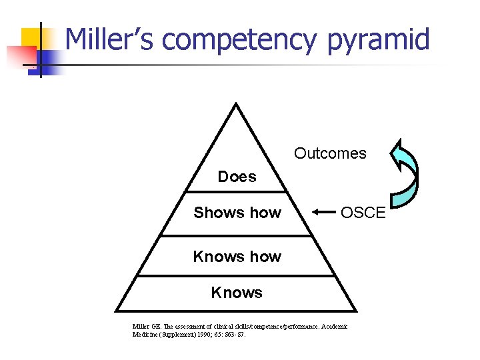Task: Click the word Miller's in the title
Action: click(110, 39)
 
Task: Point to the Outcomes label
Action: click(330, 153)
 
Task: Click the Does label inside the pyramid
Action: click(237, 177)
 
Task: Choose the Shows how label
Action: click(237, 213)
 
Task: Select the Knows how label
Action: click(237, 257)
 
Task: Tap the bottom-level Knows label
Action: click(237, 293)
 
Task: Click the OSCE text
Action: click(363, 213)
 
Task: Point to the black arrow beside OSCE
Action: click(325, 213)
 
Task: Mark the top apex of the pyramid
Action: click(237, 103)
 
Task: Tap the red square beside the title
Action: click(18, 57)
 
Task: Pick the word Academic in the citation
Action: click(335, 326)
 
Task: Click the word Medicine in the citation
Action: click(146, 334)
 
